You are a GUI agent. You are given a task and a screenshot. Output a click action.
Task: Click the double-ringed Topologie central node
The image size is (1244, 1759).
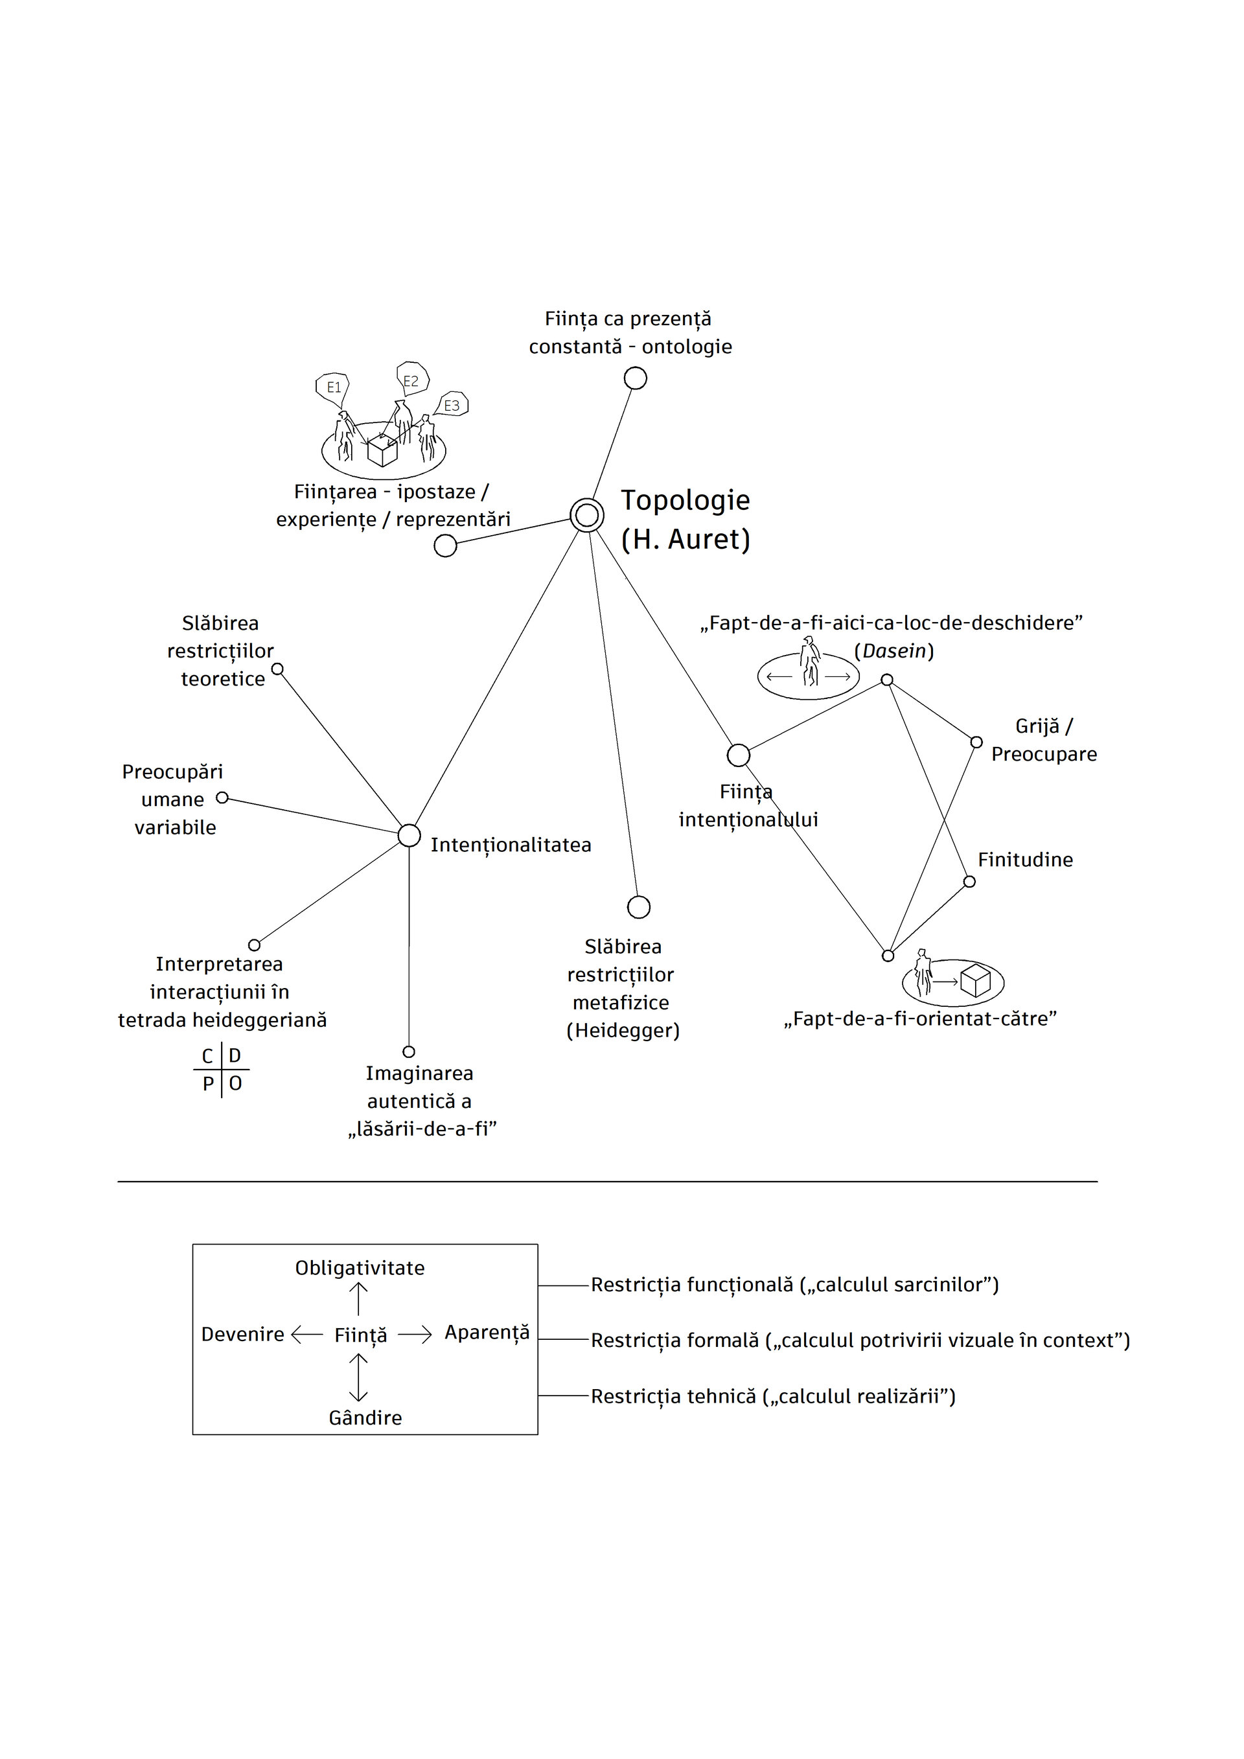[587, 515]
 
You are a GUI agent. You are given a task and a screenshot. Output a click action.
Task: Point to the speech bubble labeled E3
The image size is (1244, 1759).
[452, 406]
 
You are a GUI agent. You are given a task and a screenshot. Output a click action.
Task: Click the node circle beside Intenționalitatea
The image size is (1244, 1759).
[409, 835]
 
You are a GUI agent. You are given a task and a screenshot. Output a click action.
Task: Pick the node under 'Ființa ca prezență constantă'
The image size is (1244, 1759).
[635, 378]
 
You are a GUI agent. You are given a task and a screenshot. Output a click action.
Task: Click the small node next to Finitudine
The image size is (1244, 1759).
[969, 881]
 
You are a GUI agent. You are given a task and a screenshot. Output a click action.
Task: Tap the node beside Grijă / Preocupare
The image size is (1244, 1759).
[976, 742]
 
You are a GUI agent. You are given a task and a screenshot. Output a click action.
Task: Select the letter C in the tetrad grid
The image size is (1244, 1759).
[207, 1057]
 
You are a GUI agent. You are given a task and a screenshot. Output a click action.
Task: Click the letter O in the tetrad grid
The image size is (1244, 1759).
[235, 1083]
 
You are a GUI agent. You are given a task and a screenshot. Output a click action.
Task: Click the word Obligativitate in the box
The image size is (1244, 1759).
[359, 1268]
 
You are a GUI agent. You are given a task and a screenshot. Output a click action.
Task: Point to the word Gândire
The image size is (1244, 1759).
[365, 1418]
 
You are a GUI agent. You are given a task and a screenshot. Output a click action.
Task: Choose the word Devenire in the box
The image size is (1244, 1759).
[242, 1335]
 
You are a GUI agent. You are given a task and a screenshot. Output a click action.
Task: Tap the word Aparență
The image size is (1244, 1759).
[487, 1333]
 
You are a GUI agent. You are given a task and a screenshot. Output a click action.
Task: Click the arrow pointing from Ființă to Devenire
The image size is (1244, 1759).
[307, 1335]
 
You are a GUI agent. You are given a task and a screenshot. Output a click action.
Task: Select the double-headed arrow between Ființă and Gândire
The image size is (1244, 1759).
[358, 1377]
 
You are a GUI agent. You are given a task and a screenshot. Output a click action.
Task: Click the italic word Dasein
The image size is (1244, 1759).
[894, 651]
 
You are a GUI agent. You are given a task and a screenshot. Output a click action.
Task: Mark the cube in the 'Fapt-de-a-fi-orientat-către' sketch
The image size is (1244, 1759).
[975, 982]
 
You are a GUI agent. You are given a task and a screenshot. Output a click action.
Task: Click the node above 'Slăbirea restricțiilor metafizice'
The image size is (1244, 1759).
[638, 907]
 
